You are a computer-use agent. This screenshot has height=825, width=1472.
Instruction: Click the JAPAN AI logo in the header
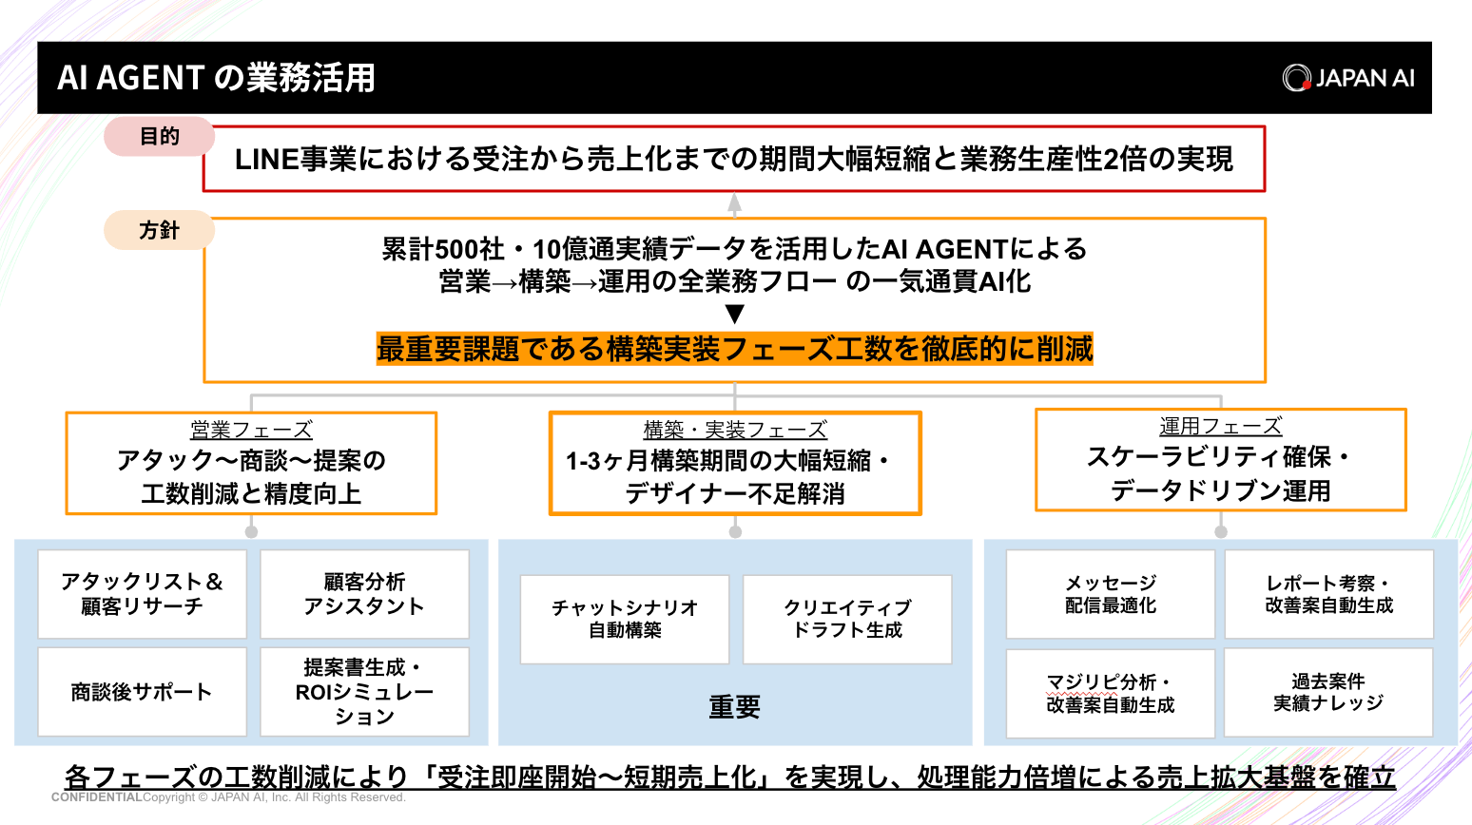[1347, 78]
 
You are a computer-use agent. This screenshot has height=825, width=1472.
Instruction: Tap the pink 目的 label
[159, 137]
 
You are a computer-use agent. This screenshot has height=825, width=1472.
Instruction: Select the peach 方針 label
[159, 230]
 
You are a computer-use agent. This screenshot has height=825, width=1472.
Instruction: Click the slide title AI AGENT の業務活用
[216, 78]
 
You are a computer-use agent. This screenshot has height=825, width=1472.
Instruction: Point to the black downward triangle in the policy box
[734, 315]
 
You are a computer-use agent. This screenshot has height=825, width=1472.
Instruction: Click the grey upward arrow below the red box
[734, 203]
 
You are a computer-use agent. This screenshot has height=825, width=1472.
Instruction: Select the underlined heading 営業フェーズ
[251, 430]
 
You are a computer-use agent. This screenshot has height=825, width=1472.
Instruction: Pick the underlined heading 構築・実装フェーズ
[735, 430]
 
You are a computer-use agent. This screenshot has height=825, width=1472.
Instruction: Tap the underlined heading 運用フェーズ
[1220, 427]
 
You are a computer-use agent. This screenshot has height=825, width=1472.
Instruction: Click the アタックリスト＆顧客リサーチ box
[142, 594]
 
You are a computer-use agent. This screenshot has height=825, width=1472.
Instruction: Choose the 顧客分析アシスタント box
[364, 594]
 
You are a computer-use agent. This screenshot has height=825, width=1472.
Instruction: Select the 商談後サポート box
[142, 692]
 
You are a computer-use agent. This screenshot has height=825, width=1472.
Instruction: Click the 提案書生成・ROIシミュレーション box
[364, 692]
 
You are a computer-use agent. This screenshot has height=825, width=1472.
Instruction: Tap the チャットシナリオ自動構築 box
[625, 619]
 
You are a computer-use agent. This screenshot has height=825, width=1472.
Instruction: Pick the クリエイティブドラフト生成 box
[847, 619]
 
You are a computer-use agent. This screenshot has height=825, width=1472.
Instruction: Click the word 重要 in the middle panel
[734, 707]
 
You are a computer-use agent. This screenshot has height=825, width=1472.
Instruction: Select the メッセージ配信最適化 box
[1110, 594]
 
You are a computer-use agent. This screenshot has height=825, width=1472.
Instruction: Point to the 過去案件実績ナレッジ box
[1327, 692]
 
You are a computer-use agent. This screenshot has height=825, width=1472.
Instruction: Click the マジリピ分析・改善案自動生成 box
[1110, 693]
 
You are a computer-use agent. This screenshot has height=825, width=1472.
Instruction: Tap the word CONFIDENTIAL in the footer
[96, 797]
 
